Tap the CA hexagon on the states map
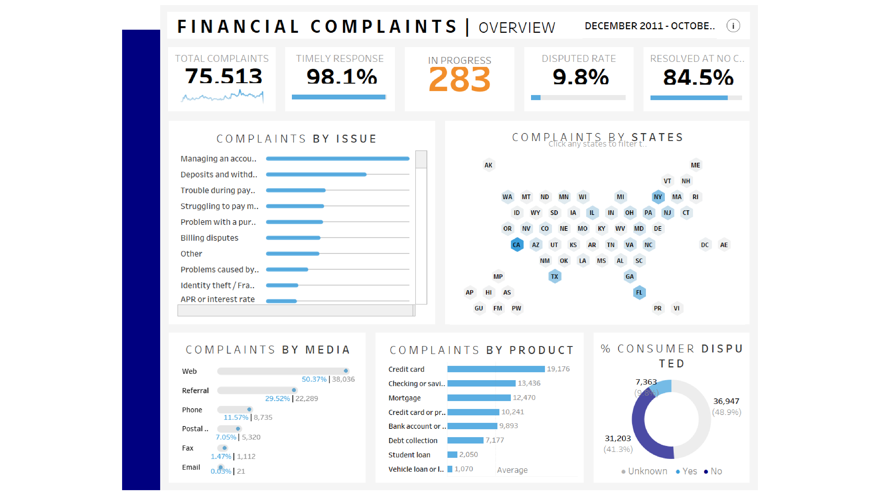pyautogui.click(x=517, y=245)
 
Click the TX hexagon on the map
pyautogui.click(x=554, y=276)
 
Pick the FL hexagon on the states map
pyautogui.click(x=639, y=292)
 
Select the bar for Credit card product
pyautogui.click(x=496, y=369)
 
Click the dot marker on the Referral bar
pyautogui.click(x=294, y=390)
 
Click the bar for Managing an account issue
pyautogui.click(x=337, y=158)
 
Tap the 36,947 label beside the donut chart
pyautogui.click(x=726, y=401)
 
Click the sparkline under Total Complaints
pyautogui.click(x=222, y=97)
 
